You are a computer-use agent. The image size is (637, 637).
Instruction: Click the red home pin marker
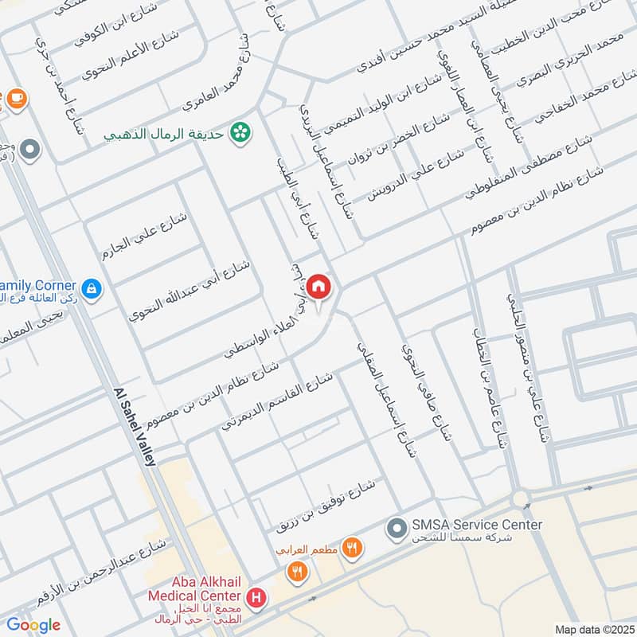click(318, 287)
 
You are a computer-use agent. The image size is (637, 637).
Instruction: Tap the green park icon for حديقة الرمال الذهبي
click(237, 133)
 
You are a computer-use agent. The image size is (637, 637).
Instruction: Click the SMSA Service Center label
click(476, 525)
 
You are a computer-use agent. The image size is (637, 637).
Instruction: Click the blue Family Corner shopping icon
click(92, 287)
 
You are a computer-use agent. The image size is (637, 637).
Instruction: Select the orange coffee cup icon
click(17, 98)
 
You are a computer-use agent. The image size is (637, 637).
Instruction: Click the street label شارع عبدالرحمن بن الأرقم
click(101, 570)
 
